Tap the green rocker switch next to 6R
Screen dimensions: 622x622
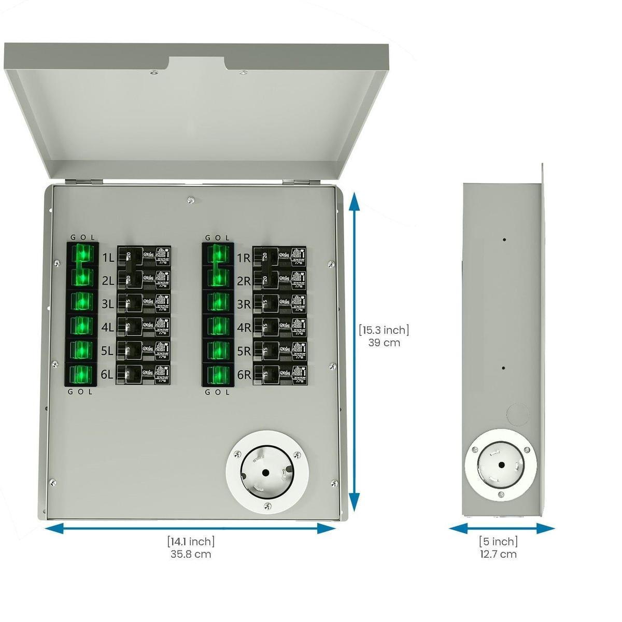(217, 374)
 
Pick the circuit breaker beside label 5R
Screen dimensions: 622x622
(279, 351)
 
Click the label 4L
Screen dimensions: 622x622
(107, 328)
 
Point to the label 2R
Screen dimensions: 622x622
(244, 281)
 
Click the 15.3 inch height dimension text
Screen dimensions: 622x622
(384, 330)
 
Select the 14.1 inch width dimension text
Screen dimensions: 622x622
(191, 542)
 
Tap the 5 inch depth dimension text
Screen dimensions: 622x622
(498, 542)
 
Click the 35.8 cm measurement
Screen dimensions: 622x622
(191, 554)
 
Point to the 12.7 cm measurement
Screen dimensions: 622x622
(498, 554)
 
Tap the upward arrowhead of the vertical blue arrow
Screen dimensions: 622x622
(354, 200)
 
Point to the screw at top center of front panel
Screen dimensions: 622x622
(191, 199)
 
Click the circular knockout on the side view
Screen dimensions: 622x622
(517, 415)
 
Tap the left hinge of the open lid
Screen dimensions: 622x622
(83, 181)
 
